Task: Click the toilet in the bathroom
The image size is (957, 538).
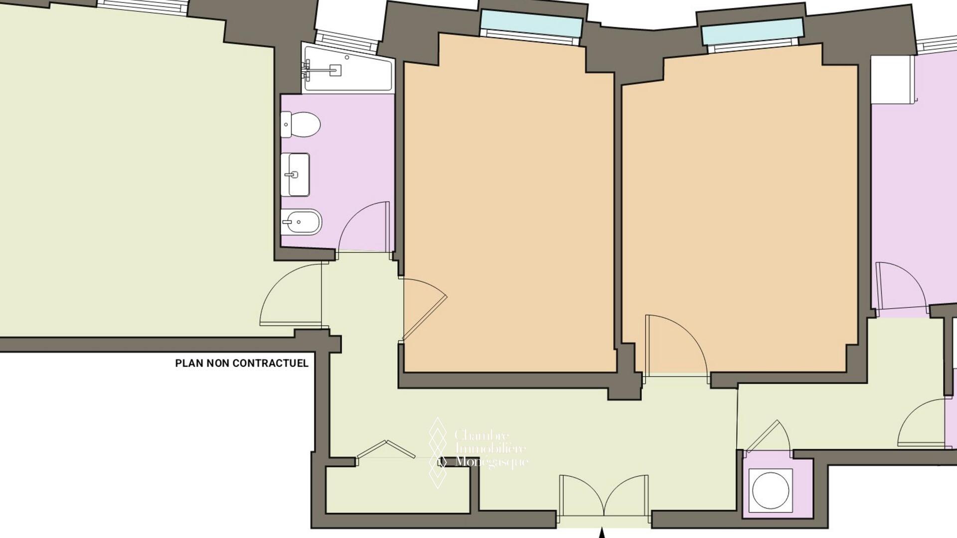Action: click(300, 125)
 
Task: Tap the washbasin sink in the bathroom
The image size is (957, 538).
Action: click(295, 174)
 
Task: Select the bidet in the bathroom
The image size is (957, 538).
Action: click(301, 222)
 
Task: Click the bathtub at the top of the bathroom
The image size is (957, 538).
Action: click(348, 68)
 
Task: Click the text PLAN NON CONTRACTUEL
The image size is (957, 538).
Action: click(242, 363)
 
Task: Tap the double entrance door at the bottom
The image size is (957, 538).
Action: click(604, 496)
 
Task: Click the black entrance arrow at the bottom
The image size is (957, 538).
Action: click(602, 534)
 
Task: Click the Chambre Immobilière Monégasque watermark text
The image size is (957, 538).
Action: click(491, 448)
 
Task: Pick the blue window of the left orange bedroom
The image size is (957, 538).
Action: click(531, 23)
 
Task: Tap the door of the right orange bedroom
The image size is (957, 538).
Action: click(676, 344)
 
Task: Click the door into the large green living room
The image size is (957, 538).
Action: click(291, 295)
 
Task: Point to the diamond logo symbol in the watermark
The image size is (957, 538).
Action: click(438, 452)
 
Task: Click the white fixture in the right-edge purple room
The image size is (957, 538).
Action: click(894, 79)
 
